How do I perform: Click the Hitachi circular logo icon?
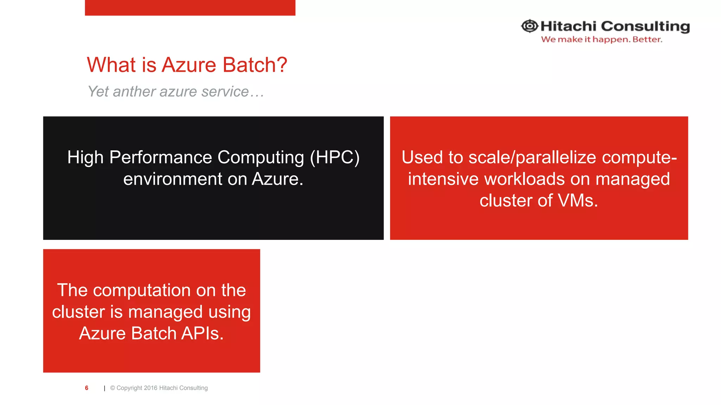pyautogui.click(x=529, y=26)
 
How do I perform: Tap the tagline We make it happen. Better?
pyautogui.click(x=601, y=39)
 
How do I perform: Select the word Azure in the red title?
pyautogui.click(x=189, y=65)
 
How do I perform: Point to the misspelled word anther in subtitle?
pyautogui.click(x=134, y=92)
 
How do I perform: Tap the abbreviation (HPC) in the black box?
pyautogui.click(x=334, y=157)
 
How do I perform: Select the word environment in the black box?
pyautogui.click(x=173, y=179)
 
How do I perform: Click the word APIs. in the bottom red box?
pyautogui.click(x=202, y=333)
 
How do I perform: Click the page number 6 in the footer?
pyautogui.click(x=87, y=388)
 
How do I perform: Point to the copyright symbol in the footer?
pyautogui.click(x=113, y=388)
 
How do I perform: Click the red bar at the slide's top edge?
pyautogui.click(x=190, y=7)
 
